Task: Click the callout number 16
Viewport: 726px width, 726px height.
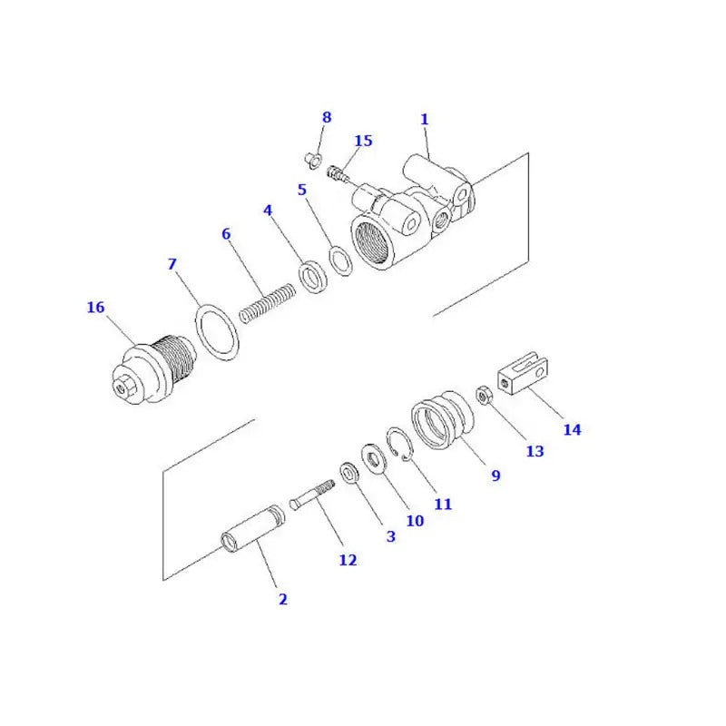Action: (95, 308)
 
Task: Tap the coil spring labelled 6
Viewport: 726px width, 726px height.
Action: (268, 303)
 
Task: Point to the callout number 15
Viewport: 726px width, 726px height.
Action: (363, 142)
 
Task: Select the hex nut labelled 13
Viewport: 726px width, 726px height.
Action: (485, 396)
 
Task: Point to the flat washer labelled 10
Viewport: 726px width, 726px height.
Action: (373, 457)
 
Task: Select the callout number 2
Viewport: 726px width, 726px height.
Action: (282, 599)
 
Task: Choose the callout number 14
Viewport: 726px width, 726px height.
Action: (572, 430)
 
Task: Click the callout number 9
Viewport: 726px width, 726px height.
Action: (495, 475)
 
